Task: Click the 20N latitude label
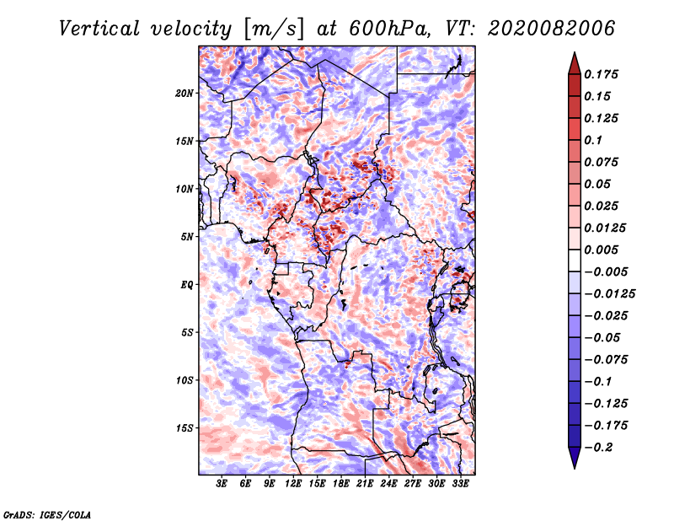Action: pos(185,94)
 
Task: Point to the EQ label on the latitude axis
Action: pos(186,285)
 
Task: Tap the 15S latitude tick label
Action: pos(185,428)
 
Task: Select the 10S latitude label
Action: pos(185,380)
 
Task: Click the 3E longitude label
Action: pos(222,484)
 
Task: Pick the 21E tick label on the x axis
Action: pos(365,484)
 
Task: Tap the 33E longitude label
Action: pos(460,484)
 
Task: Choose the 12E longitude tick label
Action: pos(293,484)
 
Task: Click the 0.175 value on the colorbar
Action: pos(601,74)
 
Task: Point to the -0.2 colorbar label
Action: pos(598,448)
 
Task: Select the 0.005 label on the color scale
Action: pos(601,250)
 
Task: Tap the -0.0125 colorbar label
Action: pos(609,294)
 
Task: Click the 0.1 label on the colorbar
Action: pos(593,140)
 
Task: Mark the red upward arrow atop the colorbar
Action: pos(575,64)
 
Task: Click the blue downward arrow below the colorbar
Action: pos(575,458)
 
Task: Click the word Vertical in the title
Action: pos(99,29)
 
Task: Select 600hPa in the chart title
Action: pos(390,29)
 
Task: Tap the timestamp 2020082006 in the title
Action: pos(552,29)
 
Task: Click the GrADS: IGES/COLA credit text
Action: pos(47,515)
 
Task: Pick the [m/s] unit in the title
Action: pos(275,30)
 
